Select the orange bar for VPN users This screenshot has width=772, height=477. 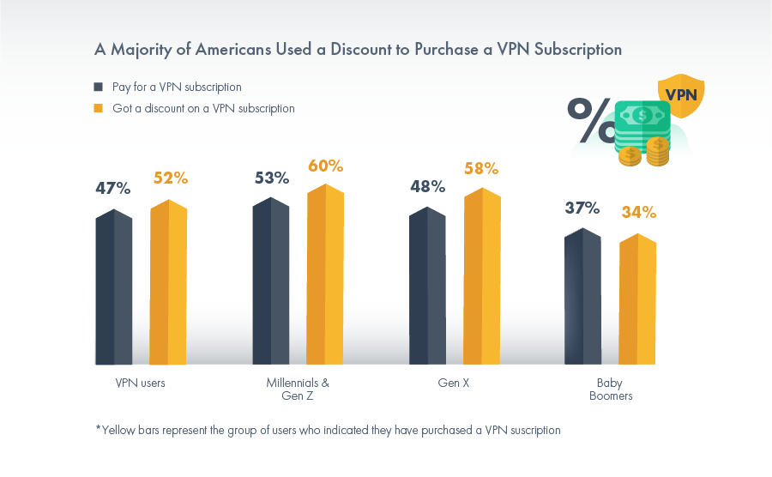pyautogui.click(x=168, y=283)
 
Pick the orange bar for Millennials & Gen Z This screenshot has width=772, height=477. pyautogui.click(x=325, y=275)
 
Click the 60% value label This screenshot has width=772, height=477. pyautogui.click(x=325, y=166)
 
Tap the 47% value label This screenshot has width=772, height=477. pyautogui.click(x=112, y=188)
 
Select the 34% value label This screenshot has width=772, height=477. pyautogui.click(x=638, y=212)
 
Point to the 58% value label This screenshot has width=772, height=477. pyautogui.click(x=482, y=169)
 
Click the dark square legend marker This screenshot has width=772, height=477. pyautogui.click(x=99, y=88)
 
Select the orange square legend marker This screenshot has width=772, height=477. pyautogui.click(x=99, y=109)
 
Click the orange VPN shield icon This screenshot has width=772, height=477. pyautogui.click(x=680, y=95)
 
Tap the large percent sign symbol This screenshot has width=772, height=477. pyautogui.click(x=589, y=120)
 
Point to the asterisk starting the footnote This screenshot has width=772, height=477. pyautogui.click(x=98, y=429)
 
